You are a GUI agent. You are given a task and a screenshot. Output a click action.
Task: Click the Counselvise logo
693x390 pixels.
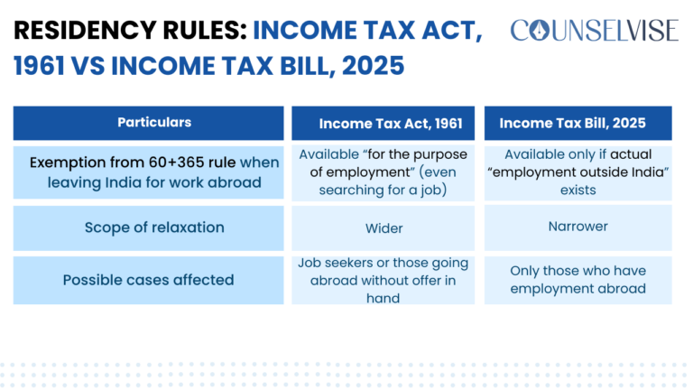click(x=593, y=31)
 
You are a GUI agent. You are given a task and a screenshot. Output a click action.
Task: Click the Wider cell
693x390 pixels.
click(x=383, y=228)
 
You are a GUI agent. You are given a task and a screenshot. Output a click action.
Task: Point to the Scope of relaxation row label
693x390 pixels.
click(x=154, y=227)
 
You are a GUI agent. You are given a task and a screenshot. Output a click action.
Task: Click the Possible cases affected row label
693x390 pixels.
click(x=148, y=280)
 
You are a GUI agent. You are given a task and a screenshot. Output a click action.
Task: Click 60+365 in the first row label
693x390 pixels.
click(x=198, y=163)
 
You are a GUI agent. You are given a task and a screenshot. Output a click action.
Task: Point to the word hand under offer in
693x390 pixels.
click(x=383, y=298)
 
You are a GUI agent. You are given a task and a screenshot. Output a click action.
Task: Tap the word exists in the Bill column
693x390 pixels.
click(x=577, y=190)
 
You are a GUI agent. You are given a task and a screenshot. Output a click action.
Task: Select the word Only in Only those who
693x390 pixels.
click(x=527, y=271)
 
